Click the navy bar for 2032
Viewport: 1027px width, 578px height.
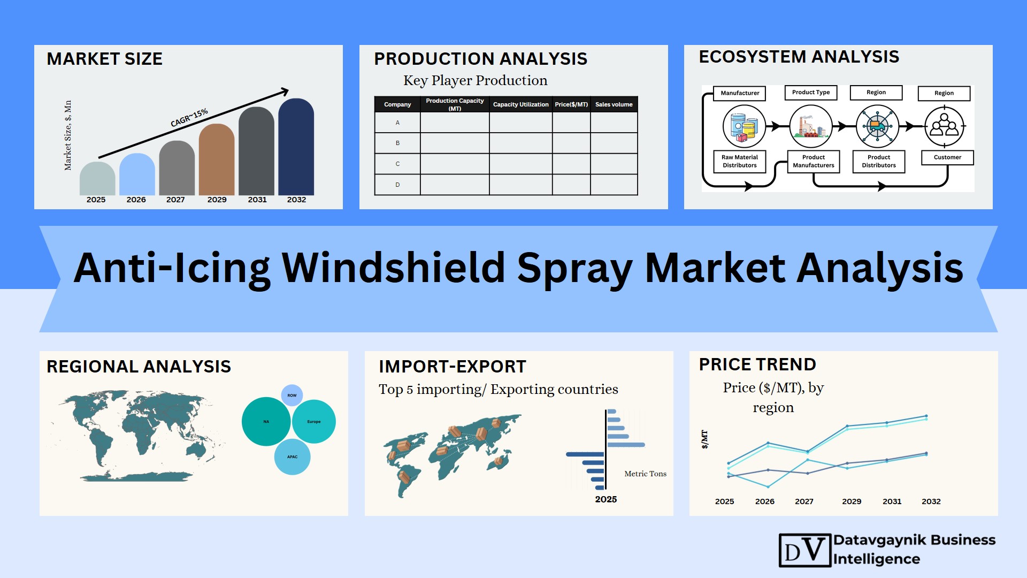point(296,147)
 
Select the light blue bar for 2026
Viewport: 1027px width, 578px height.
point(137,174)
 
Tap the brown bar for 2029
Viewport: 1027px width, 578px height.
point(217,159)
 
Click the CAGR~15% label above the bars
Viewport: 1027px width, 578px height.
point(189,118)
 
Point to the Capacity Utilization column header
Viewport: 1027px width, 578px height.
point(520,104)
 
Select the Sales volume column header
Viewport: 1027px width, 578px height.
point(614,104)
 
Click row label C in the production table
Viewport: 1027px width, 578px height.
point(397,164)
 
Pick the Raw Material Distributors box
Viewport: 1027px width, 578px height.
point(740,161)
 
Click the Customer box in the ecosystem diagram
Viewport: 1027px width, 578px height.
point(947,157)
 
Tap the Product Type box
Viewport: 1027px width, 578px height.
point(811,93)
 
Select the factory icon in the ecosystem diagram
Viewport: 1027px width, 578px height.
point(811,126)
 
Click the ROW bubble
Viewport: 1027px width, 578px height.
point(292,396)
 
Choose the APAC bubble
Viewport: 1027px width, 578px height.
point(292,457)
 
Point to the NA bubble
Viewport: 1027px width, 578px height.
point(266,422)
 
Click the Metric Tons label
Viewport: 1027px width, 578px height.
point(645,474)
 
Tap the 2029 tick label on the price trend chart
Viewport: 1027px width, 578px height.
point(852,501)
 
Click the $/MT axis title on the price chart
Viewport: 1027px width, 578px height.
point(704,439)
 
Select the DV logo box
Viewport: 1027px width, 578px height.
point(805,550)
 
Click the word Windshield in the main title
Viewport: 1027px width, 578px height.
point(393,268)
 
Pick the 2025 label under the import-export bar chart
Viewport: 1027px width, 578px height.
point(606,499)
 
